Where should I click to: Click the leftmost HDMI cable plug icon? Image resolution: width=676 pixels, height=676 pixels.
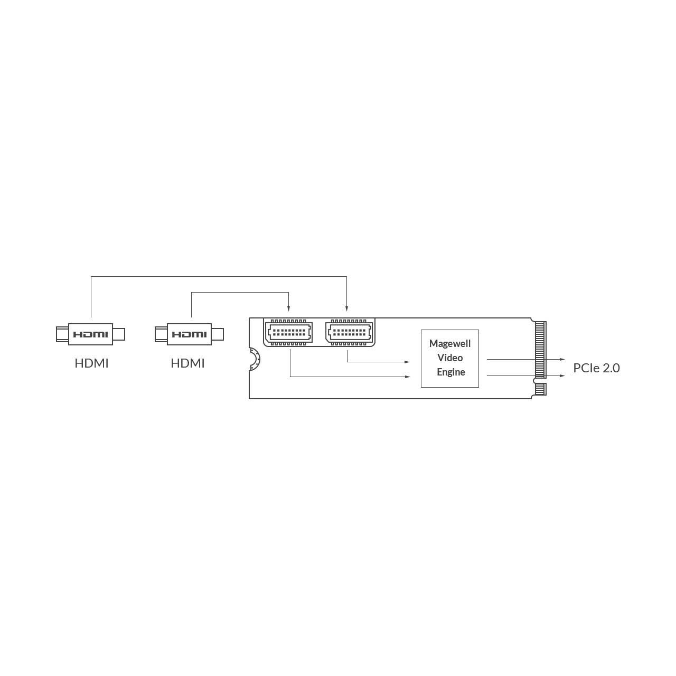pyautogui.click(x=90, y=334)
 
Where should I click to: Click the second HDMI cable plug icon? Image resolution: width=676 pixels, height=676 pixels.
pyautogui.click(x=189, y=334)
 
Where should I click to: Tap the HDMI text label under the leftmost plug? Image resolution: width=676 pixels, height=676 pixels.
pyautogui.click(x=91, y=363)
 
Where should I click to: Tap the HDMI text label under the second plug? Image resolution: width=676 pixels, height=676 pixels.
pyautogui.click(x=187, y=363)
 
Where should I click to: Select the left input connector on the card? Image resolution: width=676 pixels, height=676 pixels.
pyautogui.click(x=289, y=332)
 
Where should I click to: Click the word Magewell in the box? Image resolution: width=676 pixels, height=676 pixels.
pyautogui.click(x=450, y=344)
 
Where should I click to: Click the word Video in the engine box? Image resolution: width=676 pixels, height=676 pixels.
pyautogui.click(x=450, y=358)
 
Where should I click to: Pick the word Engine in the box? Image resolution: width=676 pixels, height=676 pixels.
pyautogui.click(x=451, y=372)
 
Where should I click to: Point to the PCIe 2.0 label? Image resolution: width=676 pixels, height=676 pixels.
pyautogui.click(x=596, y=368)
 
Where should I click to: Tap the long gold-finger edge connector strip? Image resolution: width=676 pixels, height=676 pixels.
pyautogui.click(x=541, y=350)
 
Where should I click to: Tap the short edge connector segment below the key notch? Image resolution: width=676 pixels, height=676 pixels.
pyautogui.click(x=541, y=389)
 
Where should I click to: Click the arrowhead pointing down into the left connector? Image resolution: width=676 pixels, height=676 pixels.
pyautogui.click(x=289, y=308)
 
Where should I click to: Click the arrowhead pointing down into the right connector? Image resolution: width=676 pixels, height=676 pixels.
pyautogui.click(x=346, y=308)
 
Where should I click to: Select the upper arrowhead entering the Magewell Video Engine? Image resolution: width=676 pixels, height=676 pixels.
pyautogui.click(x=407, y=362)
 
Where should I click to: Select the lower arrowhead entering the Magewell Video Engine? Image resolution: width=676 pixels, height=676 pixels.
pyautogui.click(x=407, y=377)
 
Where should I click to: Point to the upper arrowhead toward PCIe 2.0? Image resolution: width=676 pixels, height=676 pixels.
pyautogui.click(x=562, y=359)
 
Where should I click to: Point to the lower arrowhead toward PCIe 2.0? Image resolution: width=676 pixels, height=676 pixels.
pyautogui.click(x=562, y=375)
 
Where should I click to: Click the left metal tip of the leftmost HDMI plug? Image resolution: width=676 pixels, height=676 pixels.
pyautogui.click(x=62, y=334)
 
